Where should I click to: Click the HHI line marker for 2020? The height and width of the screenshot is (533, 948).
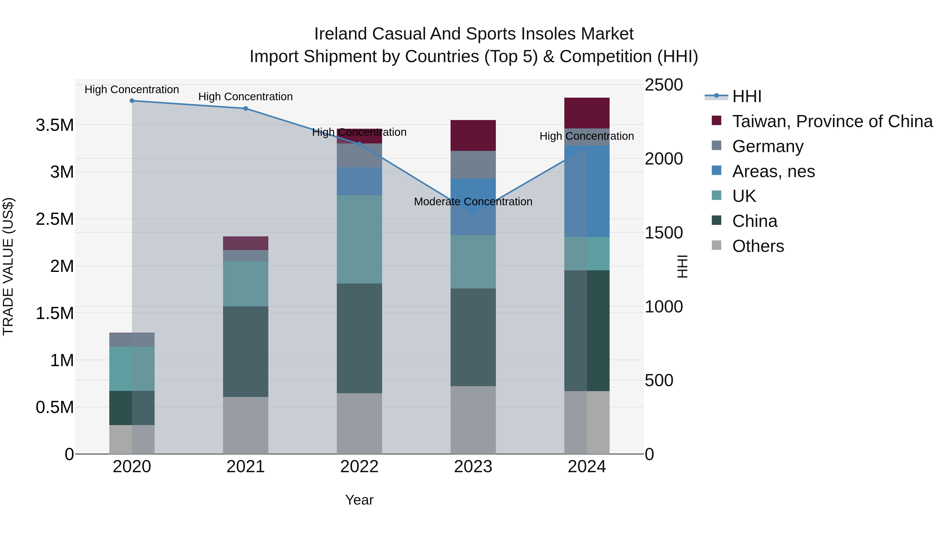[x=132, y=101]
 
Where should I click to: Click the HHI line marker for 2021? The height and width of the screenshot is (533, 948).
[x=245, y=108]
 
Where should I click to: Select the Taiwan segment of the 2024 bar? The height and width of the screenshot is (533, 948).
[x=587, y=113]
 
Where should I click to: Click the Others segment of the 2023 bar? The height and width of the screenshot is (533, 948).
[x=473, y=420]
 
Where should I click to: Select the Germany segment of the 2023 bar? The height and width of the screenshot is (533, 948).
[x=473, y=165]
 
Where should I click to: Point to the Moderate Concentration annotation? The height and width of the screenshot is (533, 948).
[x=473, y=202]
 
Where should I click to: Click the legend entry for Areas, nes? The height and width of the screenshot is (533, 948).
[x=773, y=171]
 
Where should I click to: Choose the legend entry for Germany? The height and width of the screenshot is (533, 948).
[x=767, y=146]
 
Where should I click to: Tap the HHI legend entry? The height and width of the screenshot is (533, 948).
[x=746, y=96]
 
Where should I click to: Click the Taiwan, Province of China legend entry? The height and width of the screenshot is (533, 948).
[x=832, y=121]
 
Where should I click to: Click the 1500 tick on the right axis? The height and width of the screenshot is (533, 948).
[x=664, y=232]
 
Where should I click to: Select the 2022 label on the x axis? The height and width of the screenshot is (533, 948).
[x=359, y=467]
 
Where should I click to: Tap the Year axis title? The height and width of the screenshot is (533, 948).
[x=359, y=500]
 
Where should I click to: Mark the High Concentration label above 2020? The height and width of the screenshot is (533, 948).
[x=132, y=90]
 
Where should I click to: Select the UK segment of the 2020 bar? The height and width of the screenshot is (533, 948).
[x=132, y=368]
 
